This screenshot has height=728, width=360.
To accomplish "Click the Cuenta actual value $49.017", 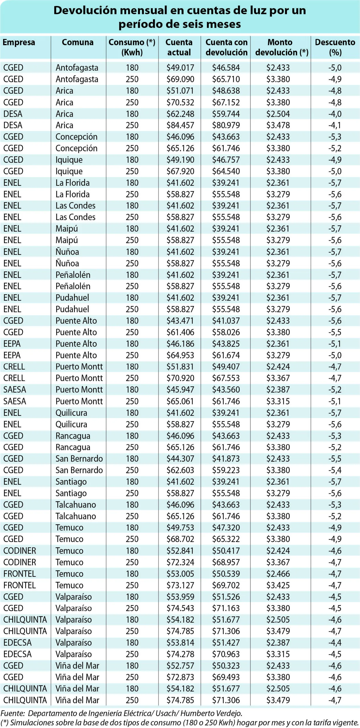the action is click(x=180, y=68).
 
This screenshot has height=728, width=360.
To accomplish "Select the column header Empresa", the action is click(x=19, y=42).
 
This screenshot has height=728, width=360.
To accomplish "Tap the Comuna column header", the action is click(x=78, y=42).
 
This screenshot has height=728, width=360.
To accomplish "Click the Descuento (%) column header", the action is click(x=335, y=47).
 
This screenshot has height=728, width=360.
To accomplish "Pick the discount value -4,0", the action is click(x=335, y=114).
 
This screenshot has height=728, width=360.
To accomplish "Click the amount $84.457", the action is click(x=180, y=125).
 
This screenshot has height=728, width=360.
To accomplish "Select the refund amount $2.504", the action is click(x=278, y=114).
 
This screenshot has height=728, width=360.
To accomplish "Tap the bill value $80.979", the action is click(x=226, y=125).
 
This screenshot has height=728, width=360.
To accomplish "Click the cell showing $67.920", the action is click(x=180, y=171).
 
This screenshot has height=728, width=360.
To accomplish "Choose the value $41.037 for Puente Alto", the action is click(x=226, y=320).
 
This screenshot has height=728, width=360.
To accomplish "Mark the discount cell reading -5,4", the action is click(x=335, y=470).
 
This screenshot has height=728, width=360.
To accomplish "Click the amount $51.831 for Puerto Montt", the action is click(x=180, y=367).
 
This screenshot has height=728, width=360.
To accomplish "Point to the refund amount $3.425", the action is click(x=278, y=585).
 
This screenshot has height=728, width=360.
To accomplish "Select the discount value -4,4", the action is click(x=335, y=643).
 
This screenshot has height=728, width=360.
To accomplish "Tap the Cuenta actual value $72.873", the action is click(x=180, y=677).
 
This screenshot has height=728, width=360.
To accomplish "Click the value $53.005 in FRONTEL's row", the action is click(x=180, y=574).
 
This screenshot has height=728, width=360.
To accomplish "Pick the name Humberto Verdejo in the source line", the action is click(x=211, y=713).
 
